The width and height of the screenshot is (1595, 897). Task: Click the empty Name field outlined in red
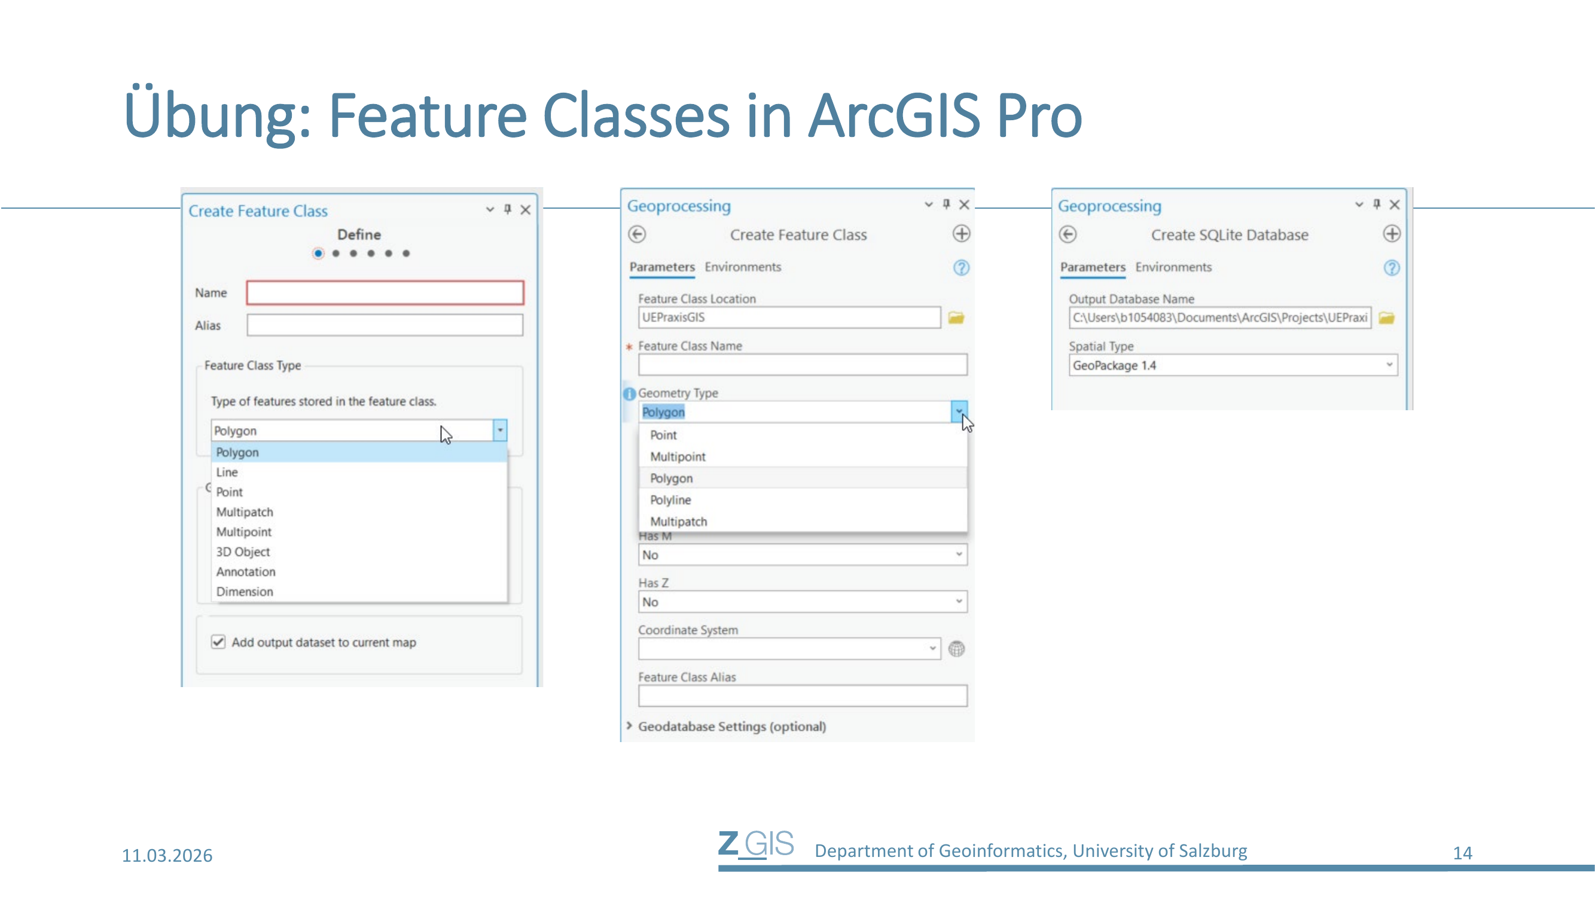coord(385,293)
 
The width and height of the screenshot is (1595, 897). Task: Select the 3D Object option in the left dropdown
coord(243,551)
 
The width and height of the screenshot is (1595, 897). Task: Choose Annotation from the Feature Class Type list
coord(246,571)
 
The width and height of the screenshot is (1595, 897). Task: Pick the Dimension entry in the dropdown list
coord(245,591)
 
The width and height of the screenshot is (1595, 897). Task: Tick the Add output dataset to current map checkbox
coord(218,642)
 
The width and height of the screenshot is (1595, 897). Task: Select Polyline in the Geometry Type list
coord(670,499)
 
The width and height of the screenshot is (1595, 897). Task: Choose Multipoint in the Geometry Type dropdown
coord(678,456)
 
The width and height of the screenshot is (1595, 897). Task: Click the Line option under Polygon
coord(227,472)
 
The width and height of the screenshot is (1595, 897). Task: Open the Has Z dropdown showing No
coord(803,602)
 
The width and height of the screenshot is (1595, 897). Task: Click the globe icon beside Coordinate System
coord(957,649)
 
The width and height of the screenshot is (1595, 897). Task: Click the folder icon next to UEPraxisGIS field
coord(956,318)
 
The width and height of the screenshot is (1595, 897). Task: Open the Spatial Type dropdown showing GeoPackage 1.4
coord(1233,365)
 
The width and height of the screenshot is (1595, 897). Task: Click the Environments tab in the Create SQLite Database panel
coord(1173,267)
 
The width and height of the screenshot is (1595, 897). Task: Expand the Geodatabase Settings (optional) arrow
coord(629,725)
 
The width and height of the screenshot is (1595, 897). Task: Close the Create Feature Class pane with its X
coord(525,210)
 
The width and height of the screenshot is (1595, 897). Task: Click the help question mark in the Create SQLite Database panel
coord(1391,267)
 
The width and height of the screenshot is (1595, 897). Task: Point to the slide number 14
coord(1462,853)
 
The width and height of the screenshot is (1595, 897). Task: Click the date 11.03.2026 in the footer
coord(167,855)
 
